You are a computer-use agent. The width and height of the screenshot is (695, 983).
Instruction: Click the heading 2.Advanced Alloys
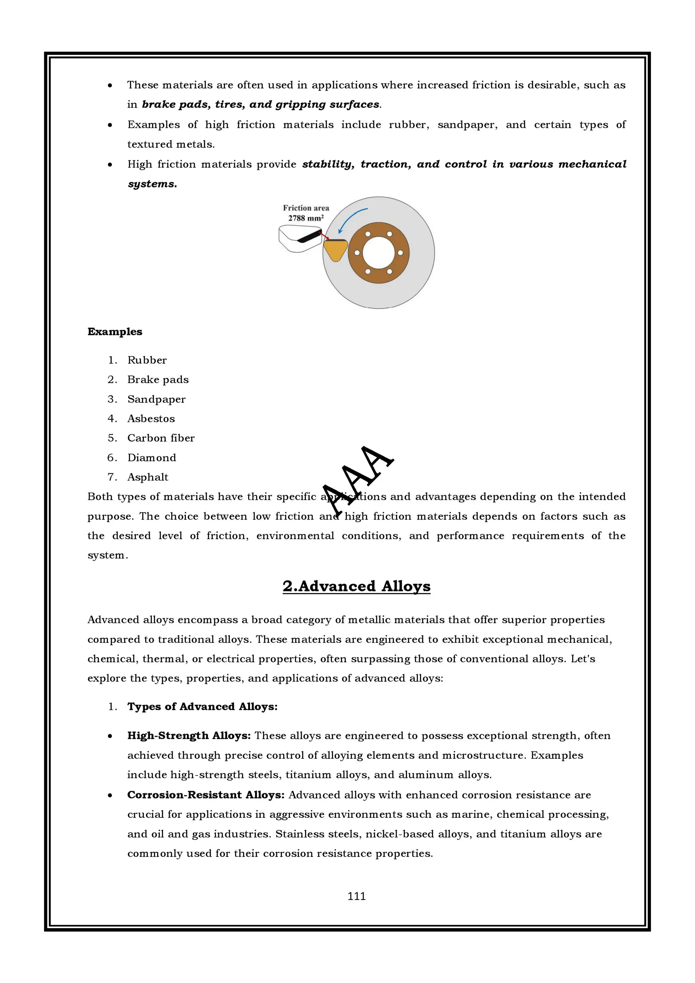[356, 586]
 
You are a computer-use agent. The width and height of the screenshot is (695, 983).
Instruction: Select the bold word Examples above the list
[115, 332]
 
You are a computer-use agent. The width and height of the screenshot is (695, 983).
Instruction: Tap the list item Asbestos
[151, 419]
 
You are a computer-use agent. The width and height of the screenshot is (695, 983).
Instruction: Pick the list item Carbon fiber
[161, 438]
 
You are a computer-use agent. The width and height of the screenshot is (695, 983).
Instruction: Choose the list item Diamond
[152, 458]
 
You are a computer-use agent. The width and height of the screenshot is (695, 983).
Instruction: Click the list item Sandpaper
[156, 399]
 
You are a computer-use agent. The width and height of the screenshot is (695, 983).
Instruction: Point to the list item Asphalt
[148, 477]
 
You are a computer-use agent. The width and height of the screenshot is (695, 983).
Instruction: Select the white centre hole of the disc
[378, 253]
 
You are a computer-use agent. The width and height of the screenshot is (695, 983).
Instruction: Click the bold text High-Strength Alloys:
[189, 735]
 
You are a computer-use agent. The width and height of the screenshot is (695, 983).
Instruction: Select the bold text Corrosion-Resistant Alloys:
[206, 795]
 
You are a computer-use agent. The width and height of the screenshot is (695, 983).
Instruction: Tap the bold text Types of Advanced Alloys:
[202, 707]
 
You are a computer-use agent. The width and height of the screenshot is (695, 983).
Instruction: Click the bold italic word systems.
[152, 184]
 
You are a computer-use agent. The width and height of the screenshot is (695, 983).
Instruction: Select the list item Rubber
[147, 360]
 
